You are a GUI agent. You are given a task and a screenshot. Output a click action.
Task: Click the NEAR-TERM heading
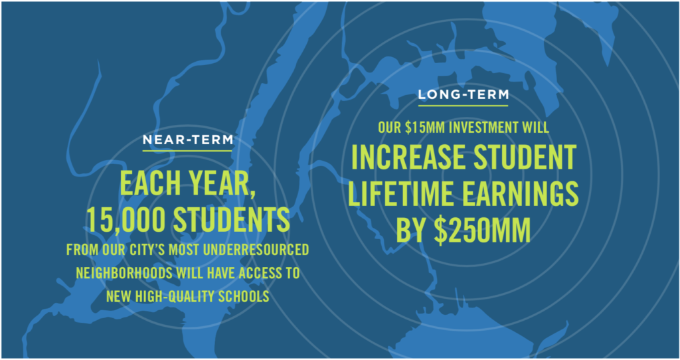pyautogui.click(x=188, y=140)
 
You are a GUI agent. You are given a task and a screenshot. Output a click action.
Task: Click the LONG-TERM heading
pyautogui.click(x=463, y=94)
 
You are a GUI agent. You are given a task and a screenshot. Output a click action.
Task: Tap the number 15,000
pyautogui.click(x=126, y=220)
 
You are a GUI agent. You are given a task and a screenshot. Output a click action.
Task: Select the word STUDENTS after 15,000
pyautogui.click(x=232, y=219)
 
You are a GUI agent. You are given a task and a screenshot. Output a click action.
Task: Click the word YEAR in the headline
pyautogui.click(x=220, y=185)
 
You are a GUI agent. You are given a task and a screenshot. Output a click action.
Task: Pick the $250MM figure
pyautogui.click(x=483, y=230)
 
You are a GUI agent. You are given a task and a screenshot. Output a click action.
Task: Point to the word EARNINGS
pyautogui.click(x=520, y=194)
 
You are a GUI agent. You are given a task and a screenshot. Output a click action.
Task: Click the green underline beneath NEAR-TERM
pyautogui.click(x=187, y=151)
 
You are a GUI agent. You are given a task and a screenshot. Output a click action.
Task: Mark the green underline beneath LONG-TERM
pyautogui.click(x=463, y=106)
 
